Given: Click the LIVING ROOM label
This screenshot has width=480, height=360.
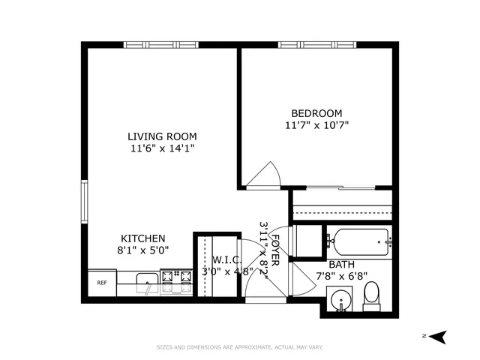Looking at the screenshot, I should pos(162,136).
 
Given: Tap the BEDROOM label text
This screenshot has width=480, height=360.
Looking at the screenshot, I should pos(317,112).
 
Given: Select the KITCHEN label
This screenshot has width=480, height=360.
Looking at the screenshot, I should pos(143,238).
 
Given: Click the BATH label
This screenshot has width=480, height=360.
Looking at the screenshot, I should pos(341,264).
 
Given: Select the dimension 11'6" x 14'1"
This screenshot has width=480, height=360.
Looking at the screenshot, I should pos(162,148).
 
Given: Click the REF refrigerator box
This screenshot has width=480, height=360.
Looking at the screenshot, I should pos(102,283).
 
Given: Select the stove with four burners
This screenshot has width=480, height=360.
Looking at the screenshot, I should pos(177,282).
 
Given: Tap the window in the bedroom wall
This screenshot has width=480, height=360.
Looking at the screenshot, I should pos(315,45).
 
